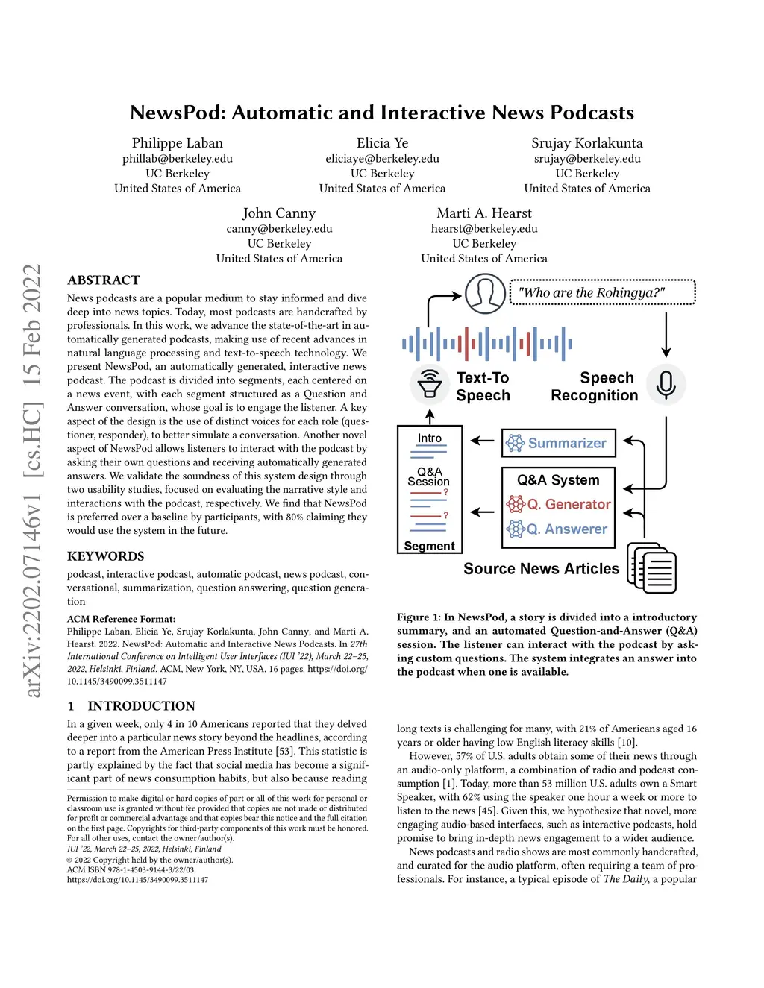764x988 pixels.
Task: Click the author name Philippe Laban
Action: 178,143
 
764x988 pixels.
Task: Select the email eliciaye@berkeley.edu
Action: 382,159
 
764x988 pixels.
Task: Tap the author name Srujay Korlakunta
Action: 586,143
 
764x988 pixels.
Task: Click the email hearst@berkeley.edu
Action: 484,229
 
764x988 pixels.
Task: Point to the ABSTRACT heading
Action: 104,280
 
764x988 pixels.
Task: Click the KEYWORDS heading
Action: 106,556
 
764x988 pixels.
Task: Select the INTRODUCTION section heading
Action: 141,706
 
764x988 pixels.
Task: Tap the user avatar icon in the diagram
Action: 485,293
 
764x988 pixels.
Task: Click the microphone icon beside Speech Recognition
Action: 666,385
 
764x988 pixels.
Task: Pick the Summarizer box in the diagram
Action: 559,444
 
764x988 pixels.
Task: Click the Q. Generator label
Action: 568,505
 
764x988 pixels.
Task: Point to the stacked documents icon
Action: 651,567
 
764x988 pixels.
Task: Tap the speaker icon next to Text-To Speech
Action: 430,385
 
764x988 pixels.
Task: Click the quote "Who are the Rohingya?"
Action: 591,293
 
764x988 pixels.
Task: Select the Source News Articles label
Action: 541,569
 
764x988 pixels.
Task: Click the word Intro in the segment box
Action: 430,438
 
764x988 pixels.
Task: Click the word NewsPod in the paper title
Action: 177,113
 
